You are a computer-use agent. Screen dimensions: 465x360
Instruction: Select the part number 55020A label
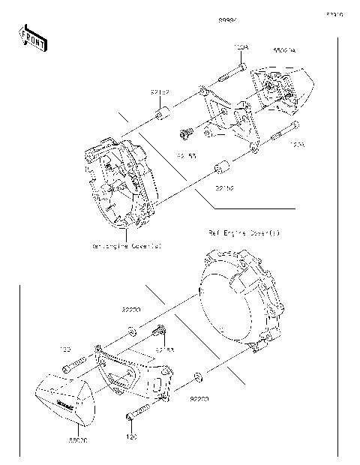click(283, 50)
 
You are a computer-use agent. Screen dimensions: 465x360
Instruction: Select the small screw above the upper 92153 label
click(183, 134)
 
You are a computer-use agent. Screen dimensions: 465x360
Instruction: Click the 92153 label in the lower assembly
click(166, 349)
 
